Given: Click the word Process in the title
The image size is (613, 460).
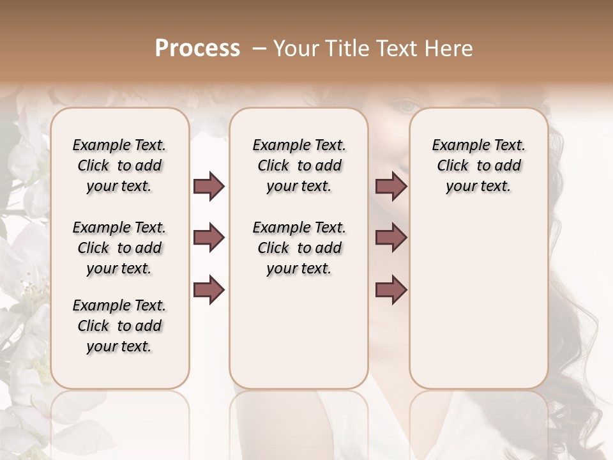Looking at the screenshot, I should click(x=197, y=49).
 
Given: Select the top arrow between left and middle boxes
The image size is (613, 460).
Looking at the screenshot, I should click(x=209, y=186).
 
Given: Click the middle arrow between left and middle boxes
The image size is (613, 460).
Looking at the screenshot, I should click(x=209, y=238).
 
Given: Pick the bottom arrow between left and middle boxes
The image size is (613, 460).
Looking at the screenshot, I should click(x=209, y=290).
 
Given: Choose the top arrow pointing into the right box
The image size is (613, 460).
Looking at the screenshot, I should click(x=391, y=186).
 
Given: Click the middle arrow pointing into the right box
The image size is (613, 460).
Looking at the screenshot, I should click(x=391, y=238).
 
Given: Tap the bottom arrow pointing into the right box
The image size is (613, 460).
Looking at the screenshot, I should click(x=391, y=290).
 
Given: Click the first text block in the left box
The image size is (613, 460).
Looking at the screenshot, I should click(x=119, y=165).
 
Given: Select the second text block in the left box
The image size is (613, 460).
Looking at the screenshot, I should click(x=119, y=248).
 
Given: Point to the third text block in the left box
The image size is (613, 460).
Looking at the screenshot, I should click(x=119, y=326).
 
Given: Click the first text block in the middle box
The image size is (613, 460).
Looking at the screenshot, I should click(x=299, y=165).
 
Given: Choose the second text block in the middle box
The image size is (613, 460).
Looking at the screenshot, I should click(x=299, y=248).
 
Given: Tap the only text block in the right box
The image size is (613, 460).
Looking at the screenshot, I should click(x=479, y=165).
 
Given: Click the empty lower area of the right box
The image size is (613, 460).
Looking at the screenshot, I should click(x=479, y=300).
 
